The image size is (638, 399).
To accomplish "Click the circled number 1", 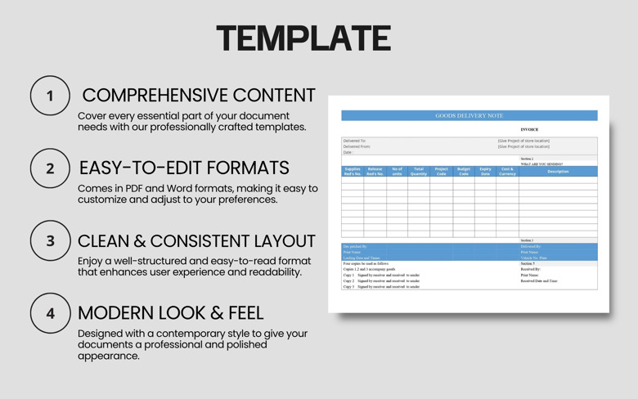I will [50, 96].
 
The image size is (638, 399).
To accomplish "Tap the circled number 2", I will [50, 168].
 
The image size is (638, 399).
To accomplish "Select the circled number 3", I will [50, 241].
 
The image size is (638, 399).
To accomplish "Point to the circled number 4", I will [50, 313].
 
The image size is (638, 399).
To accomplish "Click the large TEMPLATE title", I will [303, 38].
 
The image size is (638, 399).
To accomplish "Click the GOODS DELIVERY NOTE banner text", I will [470, 116].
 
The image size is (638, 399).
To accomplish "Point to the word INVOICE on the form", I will [529, 129].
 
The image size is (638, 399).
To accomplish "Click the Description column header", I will [558, 172].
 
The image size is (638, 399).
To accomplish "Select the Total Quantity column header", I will [419, 172].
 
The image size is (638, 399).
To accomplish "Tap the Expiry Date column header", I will [485, 172].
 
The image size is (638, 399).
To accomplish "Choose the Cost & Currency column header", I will [507, 172].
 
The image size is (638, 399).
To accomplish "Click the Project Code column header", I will [441, 172].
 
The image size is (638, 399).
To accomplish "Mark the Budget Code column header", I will [463, 172].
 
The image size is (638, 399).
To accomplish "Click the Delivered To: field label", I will [355, 141].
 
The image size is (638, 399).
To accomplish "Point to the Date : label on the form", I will [348, 152].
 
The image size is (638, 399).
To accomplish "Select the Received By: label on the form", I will [530, 269].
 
